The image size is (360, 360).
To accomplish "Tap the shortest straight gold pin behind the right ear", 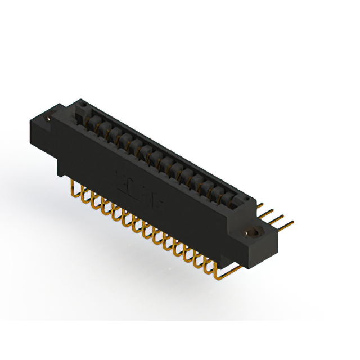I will coord(262,206).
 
